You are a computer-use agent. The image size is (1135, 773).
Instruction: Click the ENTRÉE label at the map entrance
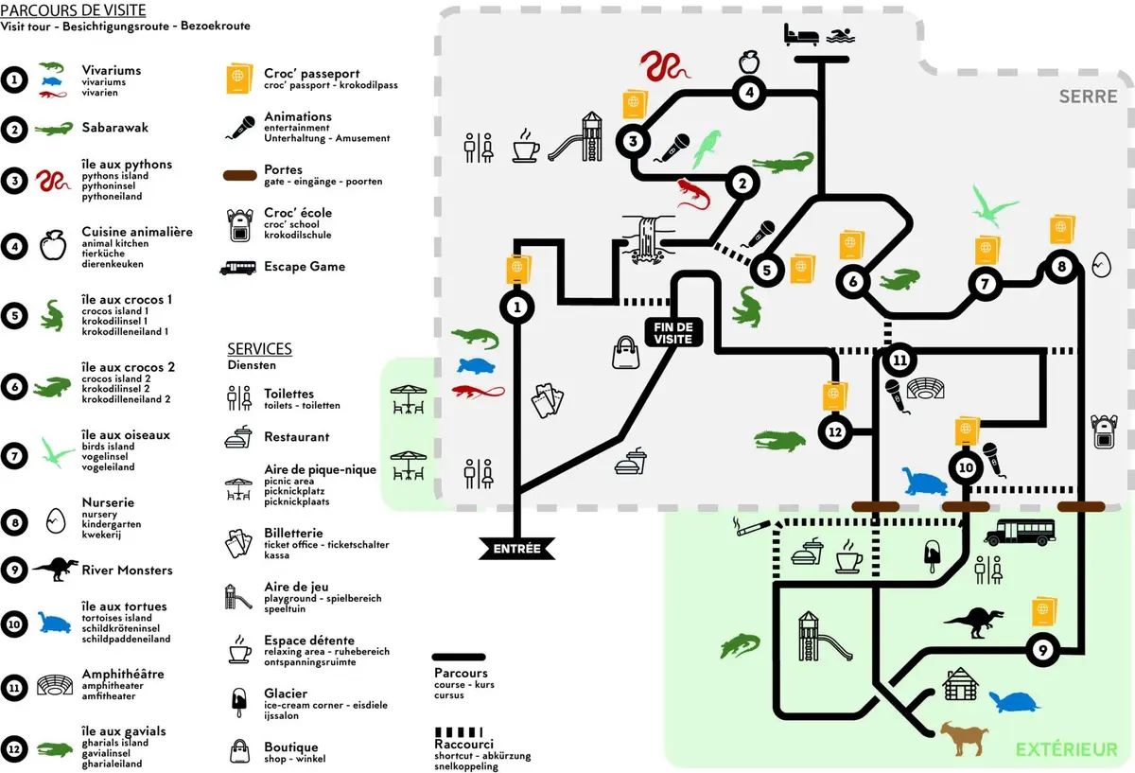[x=516, y=548]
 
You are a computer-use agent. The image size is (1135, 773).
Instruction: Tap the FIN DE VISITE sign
[x=674, y=332]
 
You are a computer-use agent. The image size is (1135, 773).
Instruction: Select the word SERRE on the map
[x=1089, y=97]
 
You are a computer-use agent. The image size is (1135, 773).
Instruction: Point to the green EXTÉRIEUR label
[x=1066, y=750]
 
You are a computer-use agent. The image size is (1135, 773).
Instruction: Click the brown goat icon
[x=965, y=738]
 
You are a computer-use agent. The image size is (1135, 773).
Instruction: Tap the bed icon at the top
[x=801, y=35]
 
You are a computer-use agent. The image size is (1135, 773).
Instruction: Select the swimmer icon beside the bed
[x=840, y=36]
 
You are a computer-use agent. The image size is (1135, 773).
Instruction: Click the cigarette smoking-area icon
[x=751, y=527]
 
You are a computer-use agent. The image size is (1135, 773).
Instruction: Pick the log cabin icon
[x=959, y=684]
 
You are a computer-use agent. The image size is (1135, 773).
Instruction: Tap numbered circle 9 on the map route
[x=1041, y=650]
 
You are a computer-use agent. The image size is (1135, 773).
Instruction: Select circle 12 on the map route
[x=833, y=431]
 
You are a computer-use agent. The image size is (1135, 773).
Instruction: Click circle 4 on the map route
[x=748, y=93]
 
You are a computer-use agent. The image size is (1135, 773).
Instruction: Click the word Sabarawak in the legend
[x=114, y=128]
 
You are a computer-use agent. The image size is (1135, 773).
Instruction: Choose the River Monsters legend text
[x=127, y=571]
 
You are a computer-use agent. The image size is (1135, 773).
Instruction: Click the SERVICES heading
[x=259, y=349]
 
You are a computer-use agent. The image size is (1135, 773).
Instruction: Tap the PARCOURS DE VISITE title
[x=73, y=10]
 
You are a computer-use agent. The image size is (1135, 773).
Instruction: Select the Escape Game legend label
[x=304, y=267]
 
